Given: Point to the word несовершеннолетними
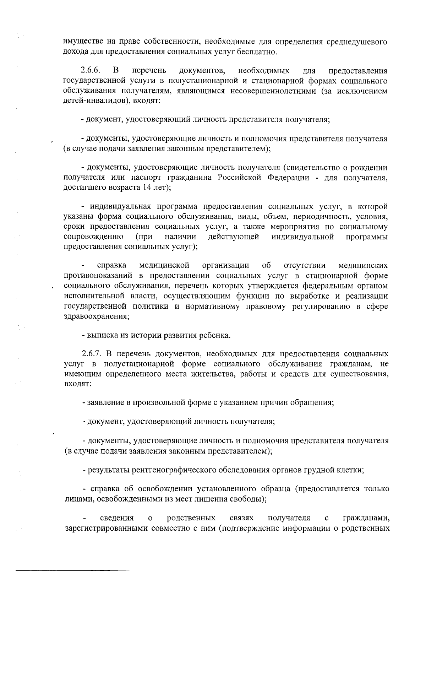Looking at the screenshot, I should [x=273, y=91].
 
